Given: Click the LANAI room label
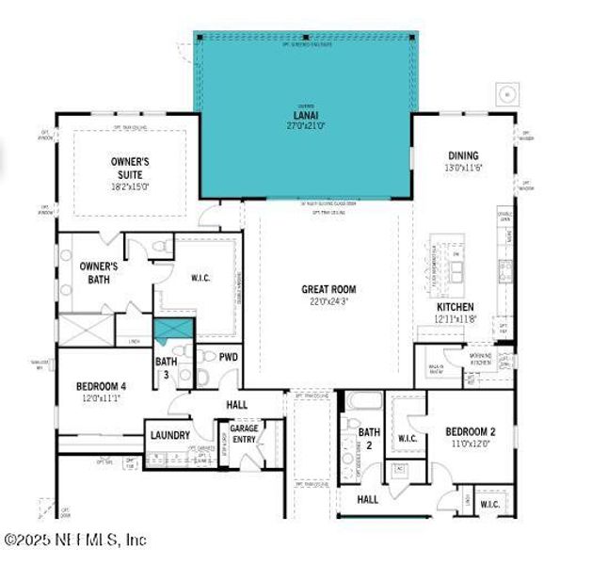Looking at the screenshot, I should click(x=307, y=116).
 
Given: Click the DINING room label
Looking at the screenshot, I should click(x=463, y=155).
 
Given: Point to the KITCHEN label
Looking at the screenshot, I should click(x=455, y=307).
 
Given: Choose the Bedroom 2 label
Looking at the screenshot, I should click(x=470, y=432).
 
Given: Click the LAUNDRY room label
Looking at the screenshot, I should click(x=170, y=435).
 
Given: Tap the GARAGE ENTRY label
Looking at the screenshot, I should click(x=245, y=434).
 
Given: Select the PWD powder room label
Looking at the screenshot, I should click(x=229, y=357).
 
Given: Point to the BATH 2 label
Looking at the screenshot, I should click(x=369, y=438).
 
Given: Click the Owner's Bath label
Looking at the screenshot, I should click(x=98, y=273).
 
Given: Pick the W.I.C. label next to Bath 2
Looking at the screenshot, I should click(x=408, y=437).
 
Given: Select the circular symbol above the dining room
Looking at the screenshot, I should click(x=507, y=93).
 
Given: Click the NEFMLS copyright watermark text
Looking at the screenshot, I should click(x=75, y=540).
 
